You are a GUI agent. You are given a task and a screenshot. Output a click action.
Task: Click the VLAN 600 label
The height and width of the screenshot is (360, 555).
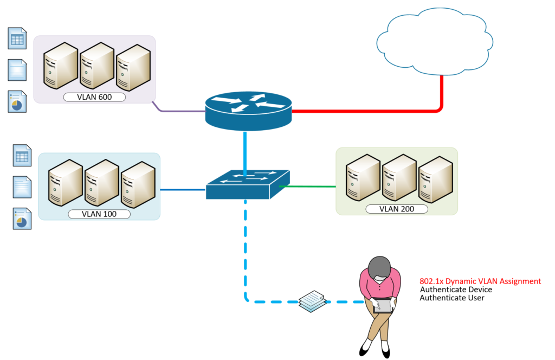pos(94,97)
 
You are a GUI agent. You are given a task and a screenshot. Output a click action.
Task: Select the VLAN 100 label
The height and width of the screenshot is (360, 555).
pos(99,214)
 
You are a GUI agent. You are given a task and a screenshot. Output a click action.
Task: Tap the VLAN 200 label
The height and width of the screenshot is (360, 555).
pos(397,209)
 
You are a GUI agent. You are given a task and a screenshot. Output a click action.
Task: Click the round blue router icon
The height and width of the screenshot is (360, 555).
pos(248,110)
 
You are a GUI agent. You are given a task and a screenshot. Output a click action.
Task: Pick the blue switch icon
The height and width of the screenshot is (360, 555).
pos(247,184)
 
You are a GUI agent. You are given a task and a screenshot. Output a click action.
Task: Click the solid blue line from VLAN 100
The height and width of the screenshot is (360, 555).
pos(183,190)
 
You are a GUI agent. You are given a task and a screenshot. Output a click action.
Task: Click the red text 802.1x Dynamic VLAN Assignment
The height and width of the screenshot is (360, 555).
pos(480,281)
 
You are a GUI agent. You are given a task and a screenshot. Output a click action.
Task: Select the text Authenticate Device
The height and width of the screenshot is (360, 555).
pos(456,290)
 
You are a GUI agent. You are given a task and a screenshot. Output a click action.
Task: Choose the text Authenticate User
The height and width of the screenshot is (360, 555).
pos(452,298)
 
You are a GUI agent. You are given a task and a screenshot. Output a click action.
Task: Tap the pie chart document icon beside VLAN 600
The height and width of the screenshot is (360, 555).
pos(17,101)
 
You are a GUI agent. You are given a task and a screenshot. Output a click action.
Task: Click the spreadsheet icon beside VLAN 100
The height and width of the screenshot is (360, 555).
pos(22,156)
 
